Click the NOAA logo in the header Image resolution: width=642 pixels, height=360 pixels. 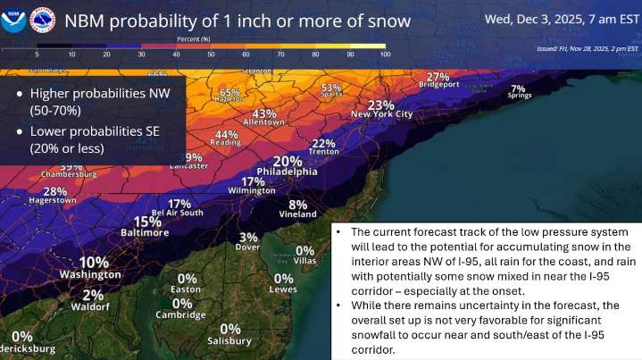(x=15, y=19)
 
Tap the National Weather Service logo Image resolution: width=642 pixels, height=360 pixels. (x=41, y=19)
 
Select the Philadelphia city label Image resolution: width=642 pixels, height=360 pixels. (x=287, y=172)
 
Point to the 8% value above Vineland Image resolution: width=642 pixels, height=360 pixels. (x=297, y=204)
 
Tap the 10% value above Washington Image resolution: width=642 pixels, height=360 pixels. (x=94, y=263)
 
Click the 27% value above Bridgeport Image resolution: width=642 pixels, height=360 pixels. (x=438, y=78)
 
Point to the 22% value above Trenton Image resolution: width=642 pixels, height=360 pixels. (x=324, y=143)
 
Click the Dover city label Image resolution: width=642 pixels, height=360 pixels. (x=248, y=247)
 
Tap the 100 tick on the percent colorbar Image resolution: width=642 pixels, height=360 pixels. (x=385, y=54)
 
